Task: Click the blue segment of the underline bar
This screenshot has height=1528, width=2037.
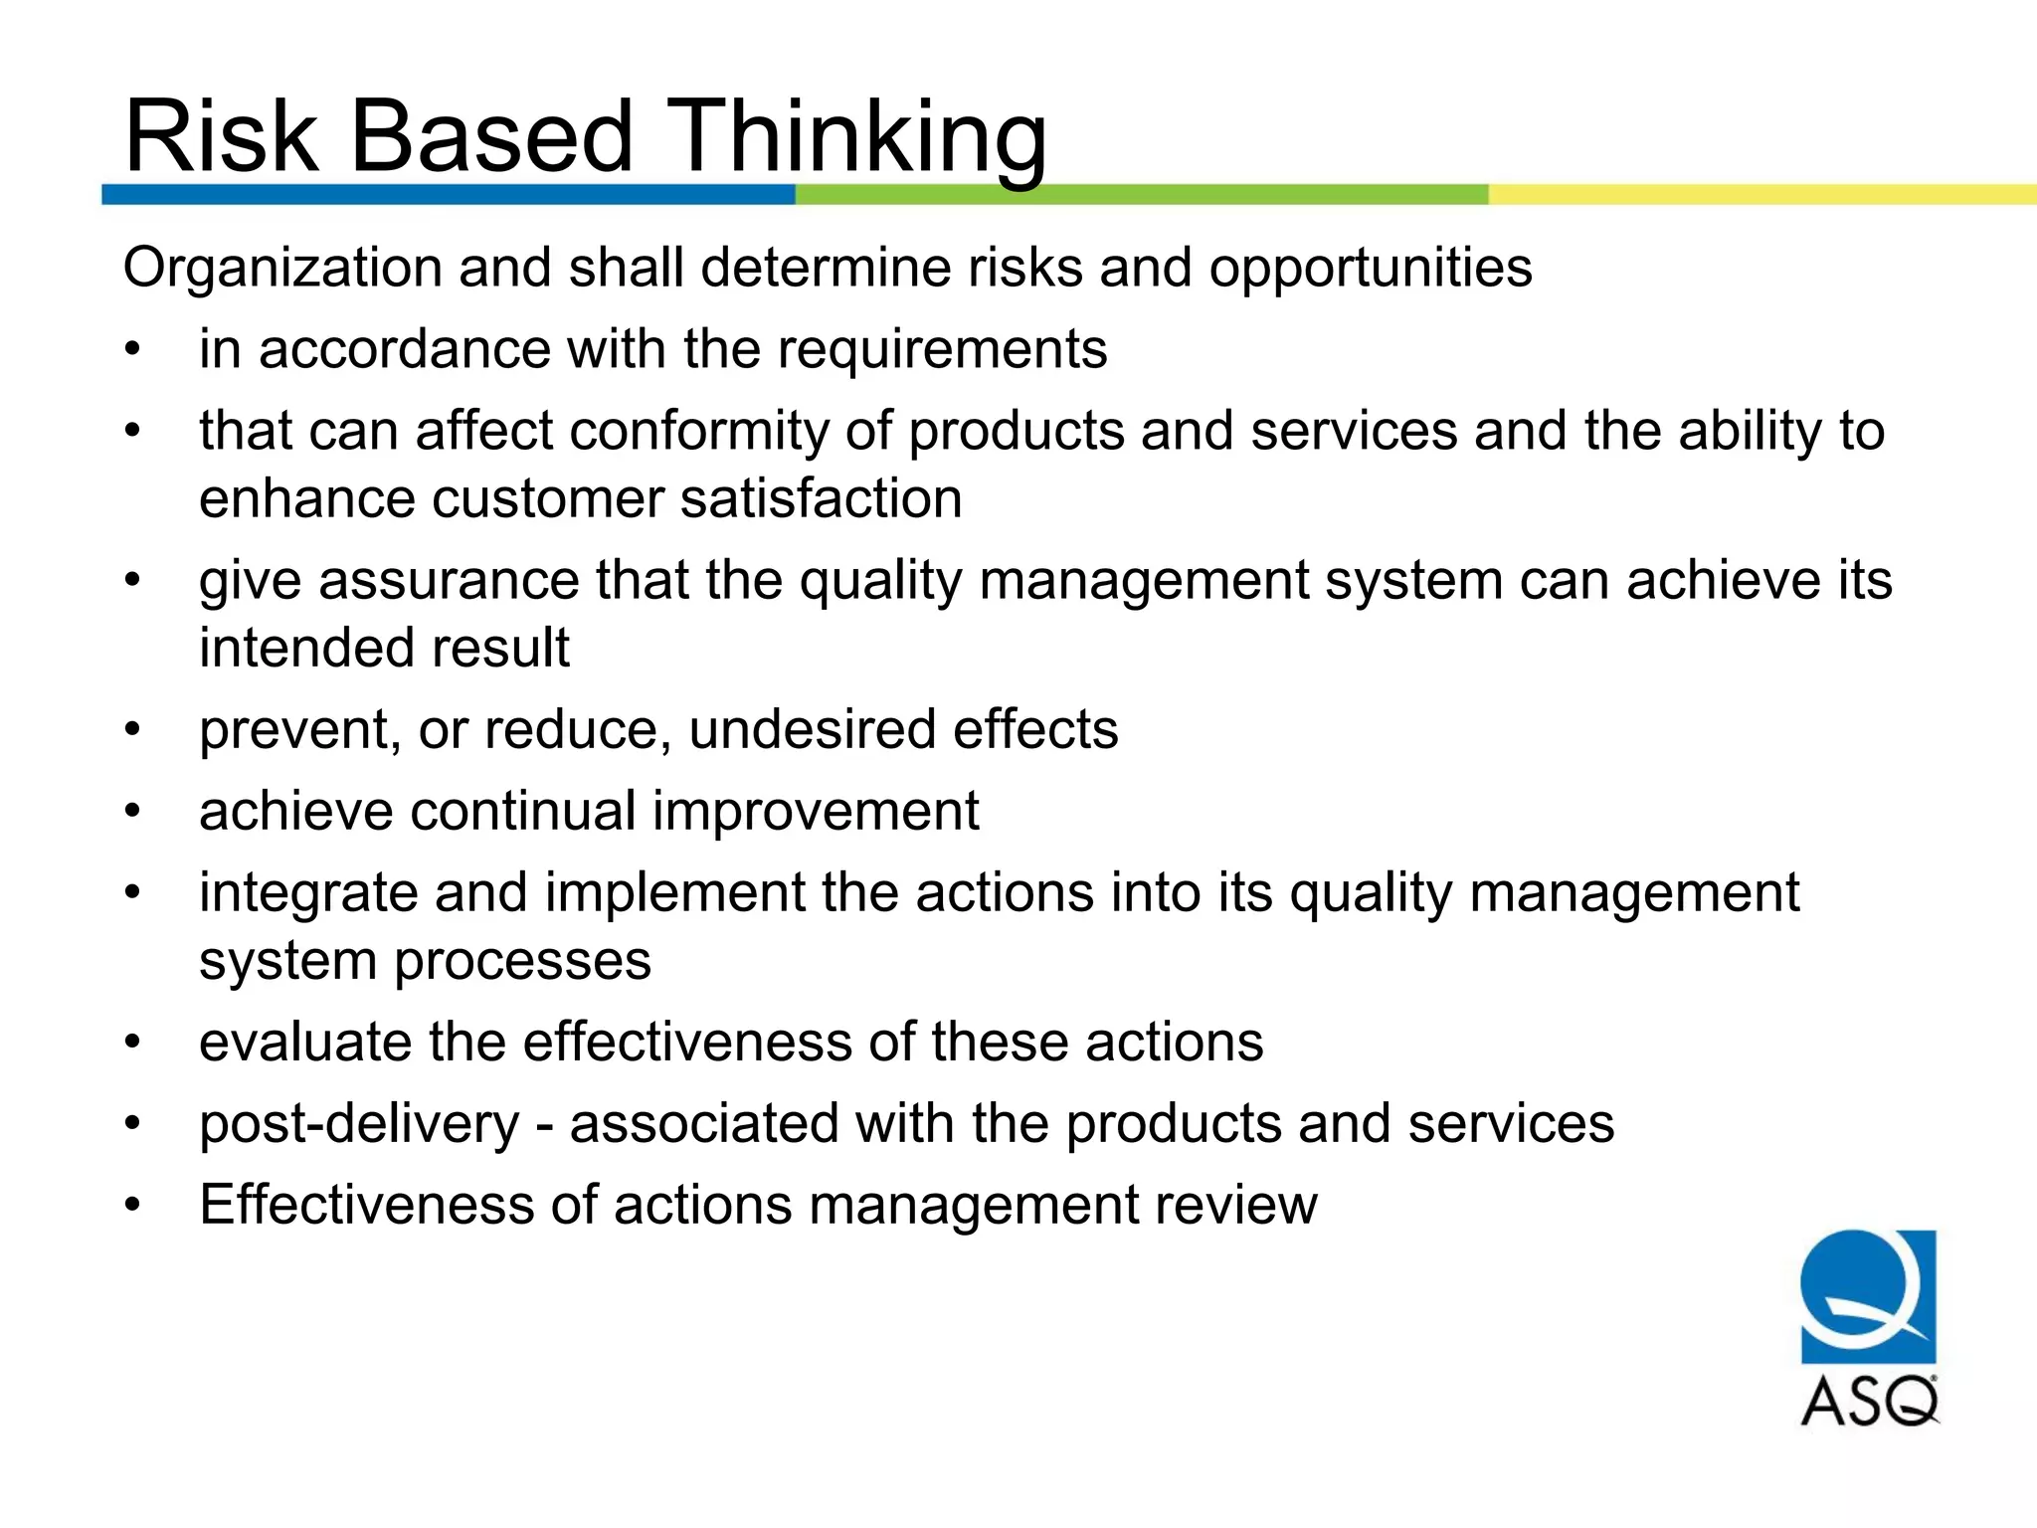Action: (x=448, y=194)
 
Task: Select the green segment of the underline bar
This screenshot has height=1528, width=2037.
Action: (x=1141, y=194)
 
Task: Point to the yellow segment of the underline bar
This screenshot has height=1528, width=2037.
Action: (x=1760, y=194)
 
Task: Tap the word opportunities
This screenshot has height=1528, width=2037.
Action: (x=1370, y=269)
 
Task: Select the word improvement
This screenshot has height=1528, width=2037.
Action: (x=816, y=812)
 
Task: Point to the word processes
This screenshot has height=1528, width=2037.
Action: (x=522, y=961)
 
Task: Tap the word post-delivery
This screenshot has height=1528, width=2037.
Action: (x=359, y=1124)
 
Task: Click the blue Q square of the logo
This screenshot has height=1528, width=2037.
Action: (x=1868, y=1295)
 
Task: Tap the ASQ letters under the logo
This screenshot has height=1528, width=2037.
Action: (x=1869, y=1402)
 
